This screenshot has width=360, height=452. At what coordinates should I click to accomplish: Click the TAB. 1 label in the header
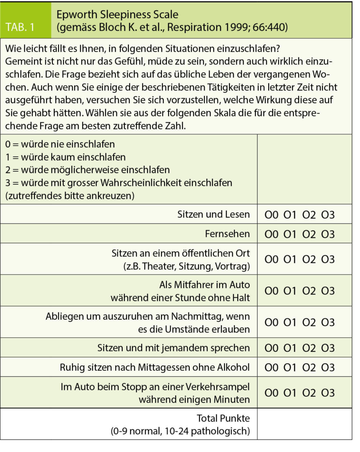tap(26, 27)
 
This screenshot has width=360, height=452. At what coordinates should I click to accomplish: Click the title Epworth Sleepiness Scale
tap(117, 14)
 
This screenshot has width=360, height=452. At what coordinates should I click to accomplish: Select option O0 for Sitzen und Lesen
tap(271, 215)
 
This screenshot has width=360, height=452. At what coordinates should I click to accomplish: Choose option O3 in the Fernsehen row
tap(328, 234)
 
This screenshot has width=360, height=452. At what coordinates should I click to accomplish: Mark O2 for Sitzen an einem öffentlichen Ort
tap(309, 260)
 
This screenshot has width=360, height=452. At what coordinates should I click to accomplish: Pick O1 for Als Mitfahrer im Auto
tap(290, 291)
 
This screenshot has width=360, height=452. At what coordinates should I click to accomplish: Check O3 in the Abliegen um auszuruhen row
tap(328, 323)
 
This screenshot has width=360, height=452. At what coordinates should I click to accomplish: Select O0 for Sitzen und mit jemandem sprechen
tap(271, 348)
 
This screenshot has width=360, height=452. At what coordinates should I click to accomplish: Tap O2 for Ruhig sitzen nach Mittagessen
tap(309, 367)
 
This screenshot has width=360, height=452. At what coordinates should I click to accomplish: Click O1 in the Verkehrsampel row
tap(290, 393)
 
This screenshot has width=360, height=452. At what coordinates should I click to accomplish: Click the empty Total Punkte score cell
tap(304, 424)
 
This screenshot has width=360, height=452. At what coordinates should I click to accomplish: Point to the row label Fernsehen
tap(227, 234)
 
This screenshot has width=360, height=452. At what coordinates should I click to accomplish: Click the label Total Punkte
tap(223, 418)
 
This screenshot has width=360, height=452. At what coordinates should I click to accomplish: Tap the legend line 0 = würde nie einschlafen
tap(60, 144)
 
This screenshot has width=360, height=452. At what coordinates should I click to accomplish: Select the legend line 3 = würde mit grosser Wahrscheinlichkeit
tap(119, 183)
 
